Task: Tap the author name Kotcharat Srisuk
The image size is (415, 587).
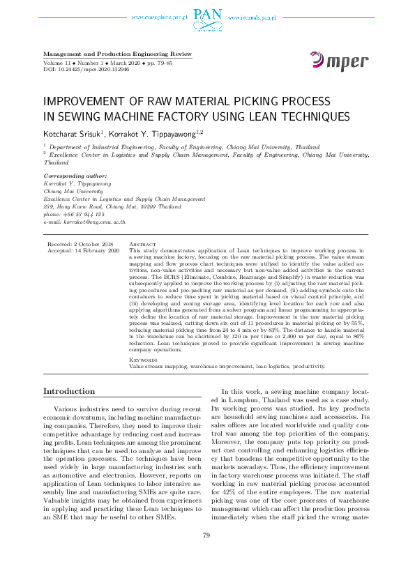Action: pos(73,132)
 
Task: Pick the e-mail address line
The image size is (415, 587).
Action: pos(84,221)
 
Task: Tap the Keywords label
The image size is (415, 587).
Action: pos(144,360)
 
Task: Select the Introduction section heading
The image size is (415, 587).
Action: pos(69,391)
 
